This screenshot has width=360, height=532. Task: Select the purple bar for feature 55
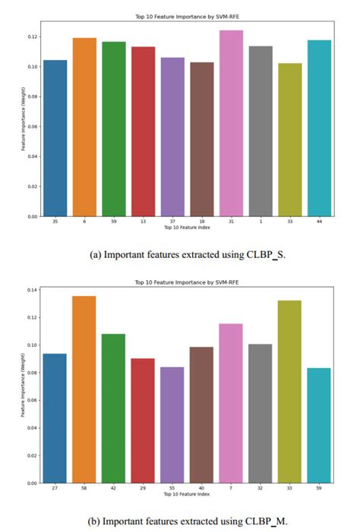click(172, 425)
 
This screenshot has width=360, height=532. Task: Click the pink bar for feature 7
click(231, 403)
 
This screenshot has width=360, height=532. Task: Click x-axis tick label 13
click(143, 222)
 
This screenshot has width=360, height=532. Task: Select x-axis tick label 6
click(84, 222)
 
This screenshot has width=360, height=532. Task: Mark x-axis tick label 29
click(142, 489)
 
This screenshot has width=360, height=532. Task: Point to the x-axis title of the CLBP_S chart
click(186, 227)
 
